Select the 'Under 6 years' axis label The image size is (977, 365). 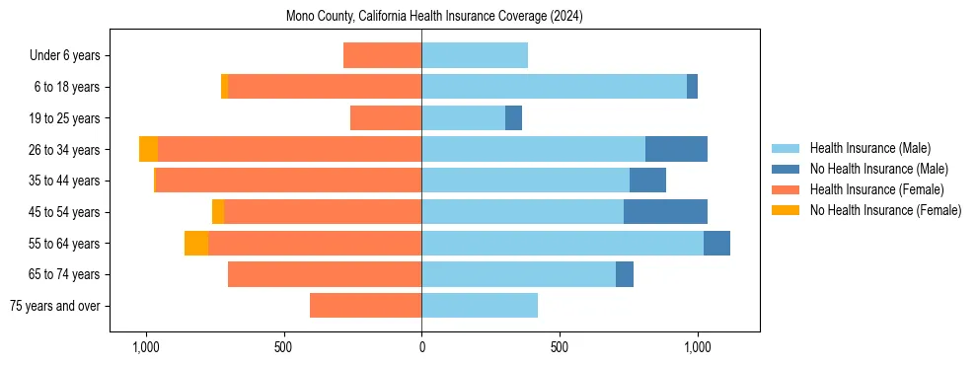71,56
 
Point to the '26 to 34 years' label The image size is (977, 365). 65,150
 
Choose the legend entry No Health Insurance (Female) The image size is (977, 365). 885,210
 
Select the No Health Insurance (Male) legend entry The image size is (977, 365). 878,169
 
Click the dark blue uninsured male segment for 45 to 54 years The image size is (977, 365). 665,211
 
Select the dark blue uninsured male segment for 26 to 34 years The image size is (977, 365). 676,149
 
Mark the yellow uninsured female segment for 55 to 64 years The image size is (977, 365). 196,243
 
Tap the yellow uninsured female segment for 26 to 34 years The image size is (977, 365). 148,149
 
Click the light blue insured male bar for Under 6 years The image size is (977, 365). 475,55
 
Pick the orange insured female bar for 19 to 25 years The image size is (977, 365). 386,118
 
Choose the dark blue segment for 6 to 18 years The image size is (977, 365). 692,87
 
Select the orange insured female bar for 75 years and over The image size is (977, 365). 365,305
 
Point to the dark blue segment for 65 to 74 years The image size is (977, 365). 625,274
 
